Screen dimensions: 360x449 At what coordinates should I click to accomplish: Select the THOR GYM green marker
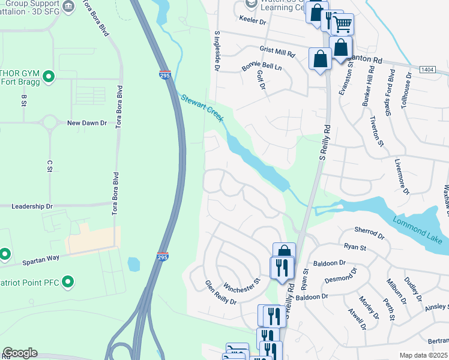point(49,77)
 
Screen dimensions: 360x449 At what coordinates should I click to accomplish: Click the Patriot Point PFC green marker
point(68,280)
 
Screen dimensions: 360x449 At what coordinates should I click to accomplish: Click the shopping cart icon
point(342,25)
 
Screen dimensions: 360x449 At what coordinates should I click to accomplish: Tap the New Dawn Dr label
point(86,123)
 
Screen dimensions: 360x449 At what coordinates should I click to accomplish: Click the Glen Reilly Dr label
point(221,292)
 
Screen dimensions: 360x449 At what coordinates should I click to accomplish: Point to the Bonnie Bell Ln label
point(262,65)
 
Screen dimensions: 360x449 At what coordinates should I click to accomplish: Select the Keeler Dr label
point(253,21)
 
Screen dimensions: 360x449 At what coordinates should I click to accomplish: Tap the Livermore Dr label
point(402,176)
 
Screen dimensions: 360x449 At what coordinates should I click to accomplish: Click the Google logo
point(20,353)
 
